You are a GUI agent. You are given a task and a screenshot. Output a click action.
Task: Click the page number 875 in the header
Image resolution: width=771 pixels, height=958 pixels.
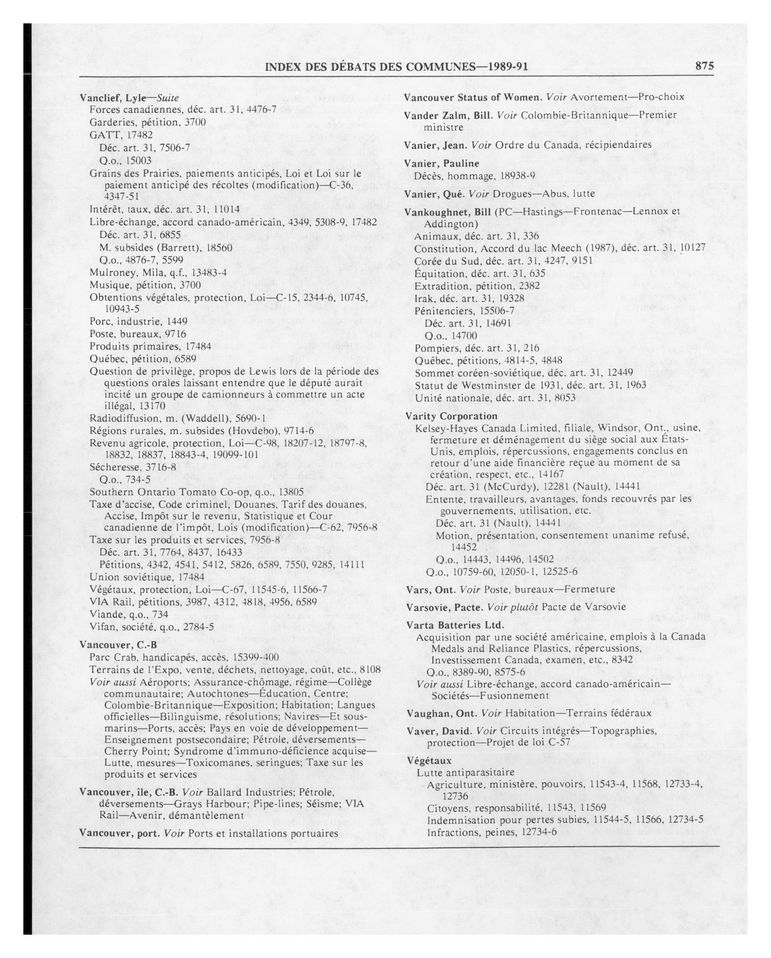pyautogui.click(x=704, y=66)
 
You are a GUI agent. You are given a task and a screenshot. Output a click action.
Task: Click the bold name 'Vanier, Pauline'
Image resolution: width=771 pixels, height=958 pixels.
pyautogui.click(x=441, y=163)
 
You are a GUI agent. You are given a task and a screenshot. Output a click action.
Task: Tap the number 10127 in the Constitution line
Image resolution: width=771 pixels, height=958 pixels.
pyautogui.click(x=693, y=248)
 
